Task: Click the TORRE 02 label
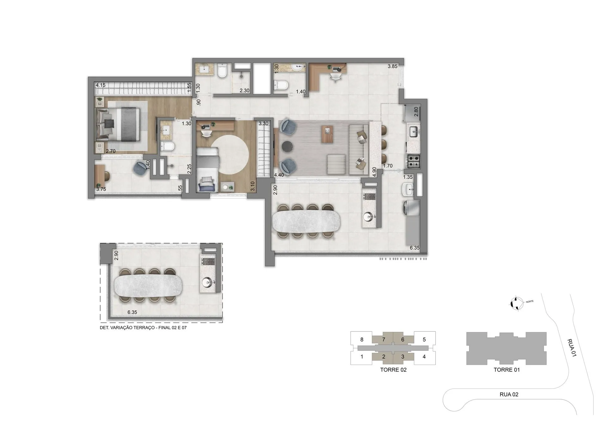pyautogui.click(x=393, y=370)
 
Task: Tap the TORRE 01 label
pyautogui.click(x=506, y=370)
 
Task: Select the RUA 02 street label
pyautogui.click(x=509, y=394)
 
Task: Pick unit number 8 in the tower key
pyautogui.click(x=362, y=340)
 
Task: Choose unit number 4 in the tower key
pyautogui.click(x=424, y=357)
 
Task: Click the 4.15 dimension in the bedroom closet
pyautogui.click(x=101, y=85)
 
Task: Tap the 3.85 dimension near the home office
pyautogui.click(x=393, y=66)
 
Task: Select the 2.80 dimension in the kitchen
pyautogui.click(x=416, y=112)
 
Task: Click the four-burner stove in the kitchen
pyautogui.click(x=413, y=160)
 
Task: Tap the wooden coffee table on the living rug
pyautogui.click(x=327, y=134)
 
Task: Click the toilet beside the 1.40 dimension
pyautogui.click(x=280, y=85)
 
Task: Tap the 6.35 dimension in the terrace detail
pyautogui.click(x=132, y=312)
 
